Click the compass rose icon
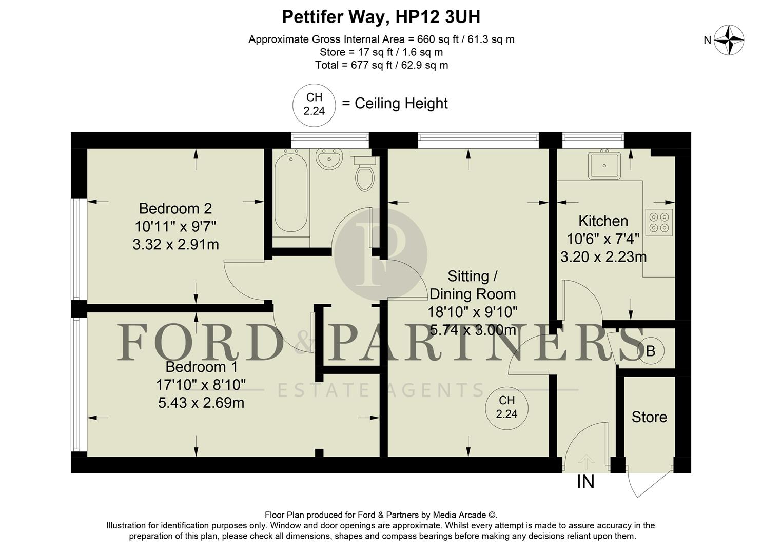coord(729,40)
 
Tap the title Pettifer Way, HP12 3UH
coord(381,17)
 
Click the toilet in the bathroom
coord(365,174)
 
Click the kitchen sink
coord(604,165)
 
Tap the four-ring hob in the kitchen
coord(659,222)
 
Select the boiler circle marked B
coord(651,351)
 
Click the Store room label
coord(649,417)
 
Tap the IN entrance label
coord(585,482)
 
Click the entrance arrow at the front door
coord(585,461)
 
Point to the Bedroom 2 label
coord(175,209)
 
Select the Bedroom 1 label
coord(201,367)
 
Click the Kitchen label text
coord(603,221)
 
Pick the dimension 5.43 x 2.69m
coord(201,403)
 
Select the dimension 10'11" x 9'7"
coord(175,226)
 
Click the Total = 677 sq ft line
coord(381,65)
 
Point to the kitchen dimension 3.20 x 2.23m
coord(603,256)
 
